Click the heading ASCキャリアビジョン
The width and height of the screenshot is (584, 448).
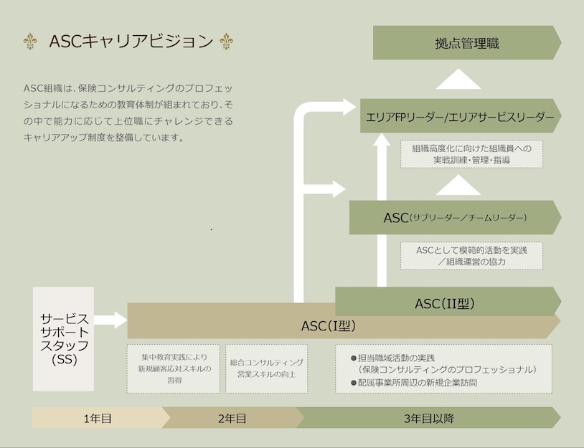point(131,42)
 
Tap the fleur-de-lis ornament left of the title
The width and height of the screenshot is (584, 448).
point(30,42)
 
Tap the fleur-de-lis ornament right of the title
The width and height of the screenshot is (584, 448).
point(226,42)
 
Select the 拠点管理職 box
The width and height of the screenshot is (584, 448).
point(467,43)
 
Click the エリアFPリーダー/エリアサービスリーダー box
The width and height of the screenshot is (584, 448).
point(461,115)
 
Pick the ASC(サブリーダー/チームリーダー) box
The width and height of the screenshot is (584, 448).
point(455,217)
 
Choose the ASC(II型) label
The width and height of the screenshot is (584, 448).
point(445,304)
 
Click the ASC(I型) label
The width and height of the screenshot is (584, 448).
point(328,326)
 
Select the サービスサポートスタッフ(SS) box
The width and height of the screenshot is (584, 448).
point(63,338)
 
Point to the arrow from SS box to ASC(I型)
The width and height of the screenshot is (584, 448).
point(110,320)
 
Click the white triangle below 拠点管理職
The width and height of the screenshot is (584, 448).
point(458,79)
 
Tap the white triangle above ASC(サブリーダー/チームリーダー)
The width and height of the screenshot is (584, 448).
point(458,185)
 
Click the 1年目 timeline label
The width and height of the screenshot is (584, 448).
point(98,419)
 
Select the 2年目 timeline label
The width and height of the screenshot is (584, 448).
point(232,419)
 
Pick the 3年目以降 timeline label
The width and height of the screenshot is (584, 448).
point(429,419)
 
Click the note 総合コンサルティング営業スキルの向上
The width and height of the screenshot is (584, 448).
point(267,368)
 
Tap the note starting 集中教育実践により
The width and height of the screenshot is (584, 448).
point(174,368)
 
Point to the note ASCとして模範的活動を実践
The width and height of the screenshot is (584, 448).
point(471,256)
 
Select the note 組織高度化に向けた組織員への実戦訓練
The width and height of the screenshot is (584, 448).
point(471,154)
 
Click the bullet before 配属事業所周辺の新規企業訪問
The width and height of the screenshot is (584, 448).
point(354,383)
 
